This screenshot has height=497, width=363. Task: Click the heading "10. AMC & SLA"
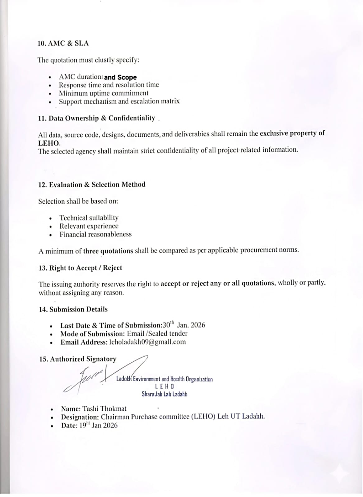63,43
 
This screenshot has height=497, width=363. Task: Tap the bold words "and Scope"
120,77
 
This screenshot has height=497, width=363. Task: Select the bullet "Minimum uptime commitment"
104,93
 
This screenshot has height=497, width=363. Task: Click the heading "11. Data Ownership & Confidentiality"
96,118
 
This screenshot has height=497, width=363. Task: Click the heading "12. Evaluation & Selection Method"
92,185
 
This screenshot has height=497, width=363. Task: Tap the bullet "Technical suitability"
89,218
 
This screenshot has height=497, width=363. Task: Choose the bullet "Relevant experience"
89,226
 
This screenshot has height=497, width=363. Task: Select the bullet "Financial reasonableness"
95,234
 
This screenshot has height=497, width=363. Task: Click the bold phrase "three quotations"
108,251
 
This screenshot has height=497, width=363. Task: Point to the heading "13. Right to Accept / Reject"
80,268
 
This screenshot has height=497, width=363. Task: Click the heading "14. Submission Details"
73,309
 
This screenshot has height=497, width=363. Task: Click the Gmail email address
147,342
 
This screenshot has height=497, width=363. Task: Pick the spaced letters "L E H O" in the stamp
164,387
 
